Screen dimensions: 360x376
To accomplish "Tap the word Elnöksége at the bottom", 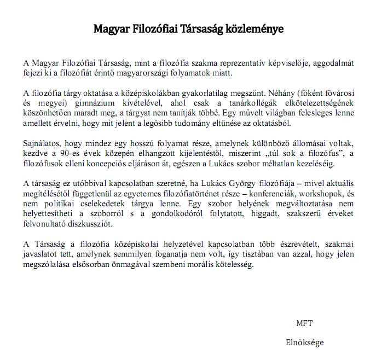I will pos(304,342).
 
